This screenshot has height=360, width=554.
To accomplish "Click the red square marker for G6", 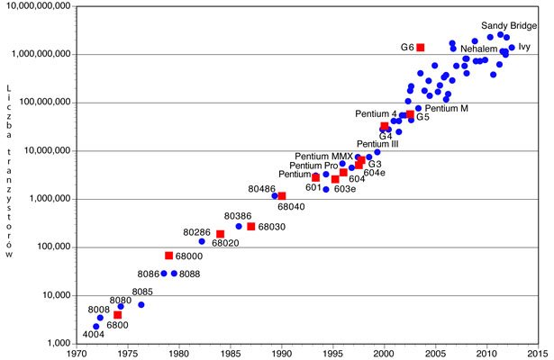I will coord(420,48).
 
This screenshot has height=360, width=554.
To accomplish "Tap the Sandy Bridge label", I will coord(506,26).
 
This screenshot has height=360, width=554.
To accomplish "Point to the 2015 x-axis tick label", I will coord(539,355).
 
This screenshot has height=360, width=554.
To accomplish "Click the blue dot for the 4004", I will coord(95,327).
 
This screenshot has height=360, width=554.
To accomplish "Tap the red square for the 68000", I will coord(168,256).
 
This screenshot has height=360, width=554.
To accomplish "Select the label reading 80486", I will coord(262,188).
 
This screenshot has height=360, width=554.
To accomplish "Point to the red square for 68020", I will coord(220,234).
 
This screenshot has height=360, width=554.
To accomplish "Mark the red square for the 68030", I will coord(251,226).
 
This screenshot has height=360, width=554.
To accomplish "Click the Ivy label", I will coord(524,46).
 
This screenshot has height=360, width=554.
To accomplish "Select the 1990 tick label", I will coord(281,355).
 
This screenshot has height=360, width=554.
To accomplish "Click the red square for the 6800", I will coord(117,315).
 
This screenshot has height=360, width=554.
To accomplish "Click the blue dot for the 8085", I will coord(141,305).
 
